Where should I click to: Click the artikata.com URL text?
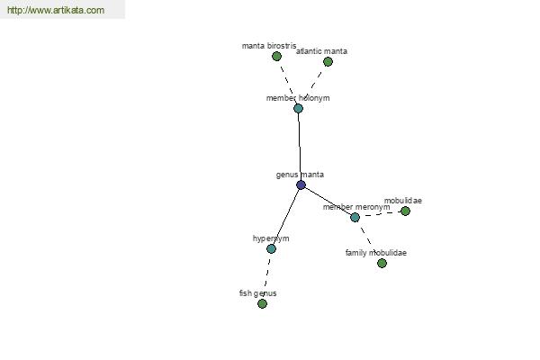pyautogui.click(x=56, y=11)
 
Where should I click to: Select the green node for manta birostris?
pyautogui.click(x=277, y=56)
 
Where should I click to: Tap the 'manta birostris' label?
pyautogui.click(x=269, y=45)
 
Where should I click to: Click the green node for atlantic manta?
pyautogui.click(x=328, y=61)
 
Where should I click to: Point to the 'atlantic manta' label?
pyautogui.click(x=322, y=51)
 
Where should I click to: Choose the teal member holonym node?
pyautogui.click(x=298, y=108)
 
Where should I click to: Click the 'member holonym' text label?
pyautogui.click(x=298, y=98)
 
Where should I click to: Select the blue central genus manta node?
pyautogui.click(x=301, y=184)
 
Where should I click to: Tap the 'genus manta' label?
pyautogui.click(x=300, y=175)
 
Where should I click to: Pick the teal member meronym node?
pyautogui.click(x=355, y=217)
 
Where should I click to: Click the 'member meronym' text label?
pyautogui.click(x=356, y=207)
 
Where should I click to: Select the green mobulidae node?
pyautogui.click(x=405, y=211)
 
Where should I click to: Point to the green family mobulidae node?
pyautogui.click(x=382, y=263)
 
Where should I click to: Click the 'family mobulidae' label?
pyautogui.click(x=376, y=253)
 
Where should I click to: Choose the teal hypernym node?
pyautogui.click(x=271, y=248)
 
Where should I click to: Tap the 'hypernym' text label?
pyautogui.click(x=271, y=238)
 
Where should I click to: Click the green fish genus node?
pyautogui.click(x=262, y=303)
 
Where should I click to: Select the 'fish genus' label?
pyautogui.click(x=258, y=293)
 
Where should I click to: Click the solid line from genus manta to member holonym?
pyautogui.click(x=299, y=146)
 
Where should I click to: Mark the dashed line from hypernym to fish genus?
pyautogui.click(x=266, y=275)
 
